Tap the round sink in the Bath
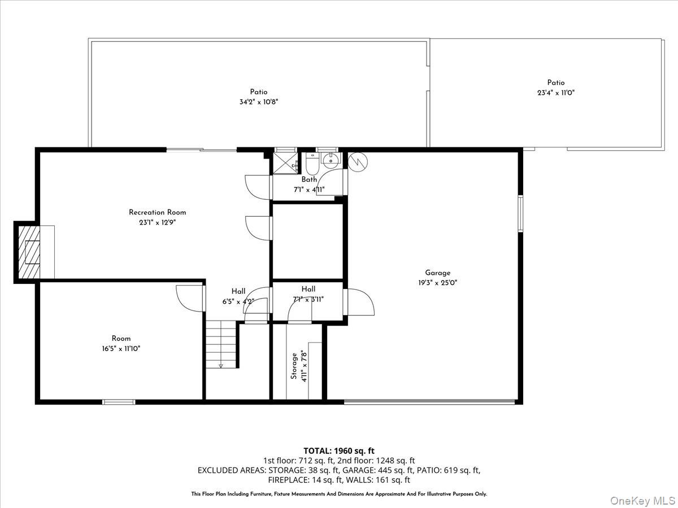coord(330,160)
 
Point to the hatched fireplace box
coord(30,252)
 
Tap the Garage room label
coord(438,273)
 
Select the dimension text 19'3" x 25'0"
coord(438,283)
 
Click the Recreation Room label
coord(157,212)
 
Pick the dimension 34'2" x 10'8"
coord(259,102)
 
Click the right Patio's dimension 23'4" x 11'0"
coord(556,93)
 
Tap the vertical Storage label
coord(294,366)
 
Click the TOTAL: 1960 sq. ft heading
coord(339,450)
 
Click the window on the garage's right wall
coord(520,213)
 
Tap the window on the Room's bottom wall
coord(119,402)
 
